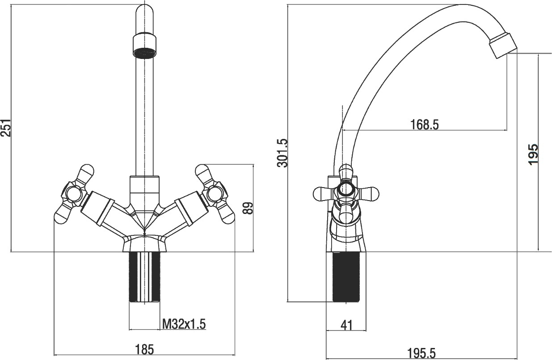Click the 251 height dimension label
[6, 128]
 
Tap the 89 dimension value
[248, 208]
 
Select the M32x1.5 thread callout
[184, 324]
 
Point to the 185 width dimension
[145, 349]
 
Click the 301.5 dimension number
[282, 153]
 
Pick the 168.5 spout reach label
[425, 125]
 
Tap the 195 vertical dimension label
[533, 155]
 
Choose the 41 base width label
[347, 326]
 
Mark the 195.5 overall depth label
[421, 353]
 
